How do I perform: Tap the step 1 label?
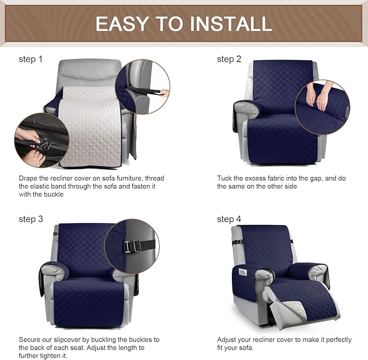tap(31, 59)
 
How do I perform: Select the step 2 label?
tap(229, 59)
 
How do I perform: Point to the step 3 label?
tap(31, 219)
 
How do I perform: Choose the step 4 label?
tap(229, 219)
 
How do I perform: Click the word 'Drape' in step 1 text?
tap(29, 178)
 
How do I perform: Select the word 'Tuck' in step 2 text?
tap(225, 178)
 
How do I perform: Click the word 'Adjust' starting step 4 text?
tap(228, 339)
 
